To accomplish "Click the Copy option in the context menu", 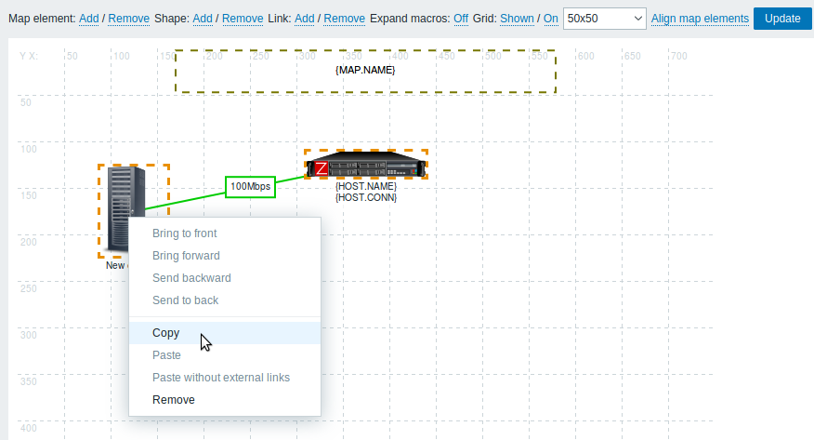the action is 165,333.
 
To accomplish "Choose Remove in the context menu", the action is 174,400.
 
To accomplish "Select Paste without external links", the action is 221,378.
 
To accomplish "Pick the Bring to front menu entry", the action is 184,233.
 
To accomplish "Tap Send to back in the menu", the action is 185,300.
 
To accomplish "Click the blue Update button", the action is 782,19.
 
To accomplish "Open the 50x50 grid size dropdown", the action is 604,19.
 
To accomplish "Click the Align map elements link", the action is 700,19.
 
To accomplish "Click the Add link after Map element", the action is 89,19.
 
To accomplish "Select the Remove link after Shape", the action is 243,19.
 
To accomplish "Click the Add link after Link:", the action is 304,19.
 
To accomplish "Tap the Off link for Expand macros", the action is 461,19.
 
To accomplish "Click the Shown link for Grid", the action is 517,19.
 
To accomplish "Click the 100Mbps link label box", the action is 250,186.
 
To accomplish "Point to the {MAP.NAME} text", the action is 365,70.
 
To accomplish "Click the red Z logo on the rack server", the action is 321,168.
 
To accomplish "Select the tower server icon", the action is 125,209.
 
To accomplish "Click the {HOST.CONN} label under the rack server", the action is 366,197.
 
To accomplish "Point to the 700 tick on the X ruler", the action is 678,56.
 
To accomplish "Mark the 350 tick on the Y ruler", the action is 29,381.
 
